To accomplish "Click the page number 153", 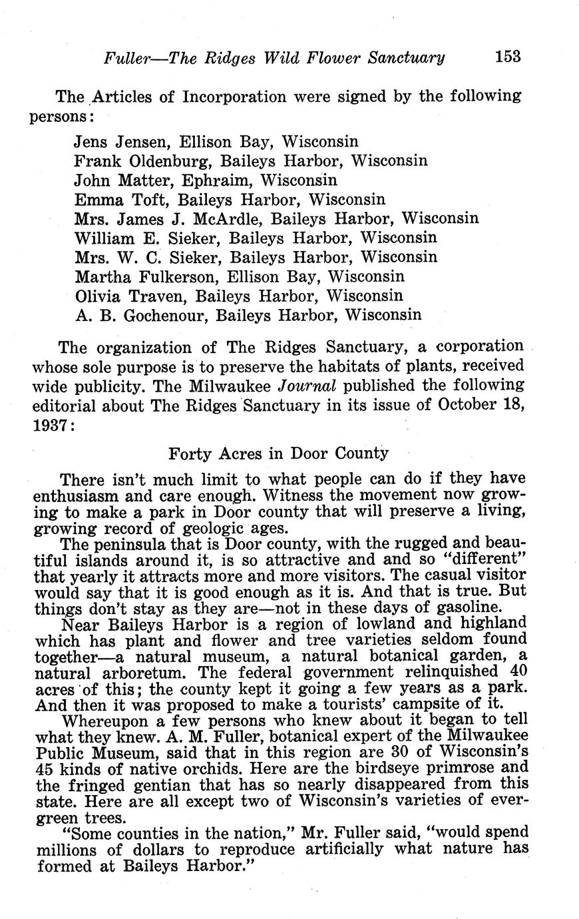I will tap(508, 57).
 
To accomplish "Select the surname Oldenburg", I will tap(167, 161).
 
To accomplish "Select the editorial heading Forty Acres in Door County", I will tap(278, 454).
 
